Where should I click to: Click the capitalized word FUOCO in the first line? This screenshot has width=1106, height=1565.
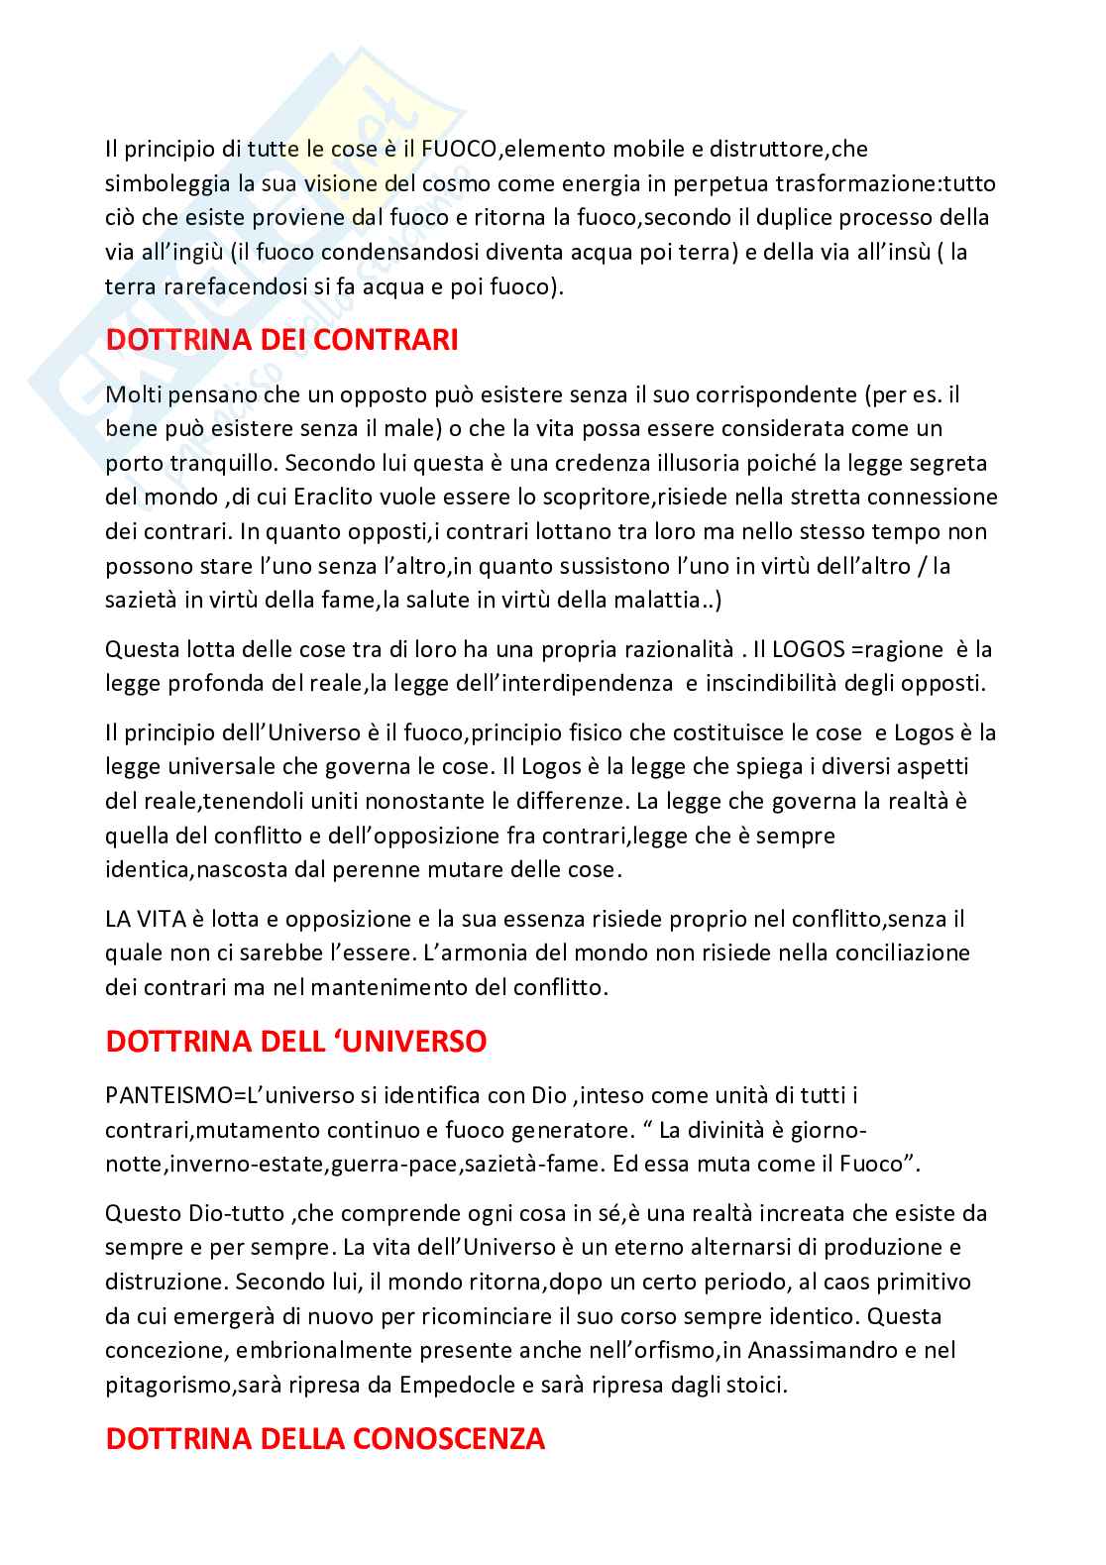point(462,149)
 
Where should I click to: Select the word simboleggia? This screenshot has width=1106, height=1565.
point(162,183)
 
